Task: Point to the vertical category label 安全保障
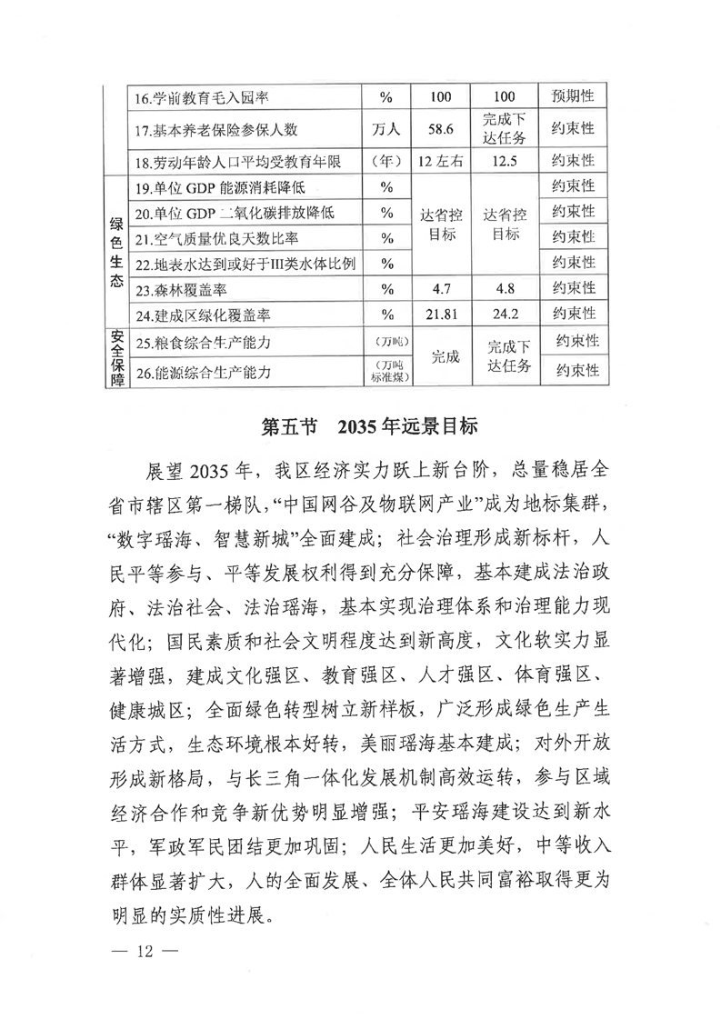click(116, 358)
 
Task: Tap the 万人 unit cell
click(386, 129)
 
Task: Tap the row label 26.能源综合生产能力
click(203, 373)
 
